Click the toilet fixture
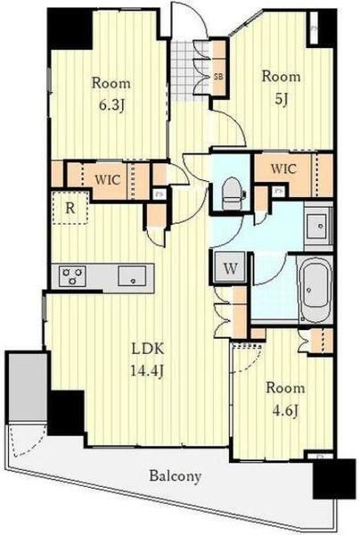click(233, 193)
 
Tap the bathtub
click(315, 287)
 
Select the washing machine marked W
click(231, 268)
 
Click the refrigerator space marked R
click(70, 208)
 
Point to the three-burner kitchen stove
click(72, 276)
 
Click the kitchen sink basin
click(132, 276)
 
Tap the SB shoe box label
click(218, 77)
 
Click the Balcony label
click(176, 476)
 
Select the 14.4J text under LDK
click(148, 370)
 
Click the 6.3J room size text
click(110, 105)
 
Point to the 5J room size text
click(281, 99)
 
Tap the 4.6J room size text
click(285, 410)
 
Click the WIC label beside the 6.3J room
click(108, 180)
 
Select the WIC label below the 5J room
click(283, 169)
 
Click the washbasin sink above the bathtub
click(318, 226)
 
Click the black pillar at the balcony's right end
click(330, 479)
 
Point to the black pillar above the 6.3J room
click(70, 29)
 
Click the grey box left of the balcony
click(28, 387)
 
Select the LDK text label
click(148, 349)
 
